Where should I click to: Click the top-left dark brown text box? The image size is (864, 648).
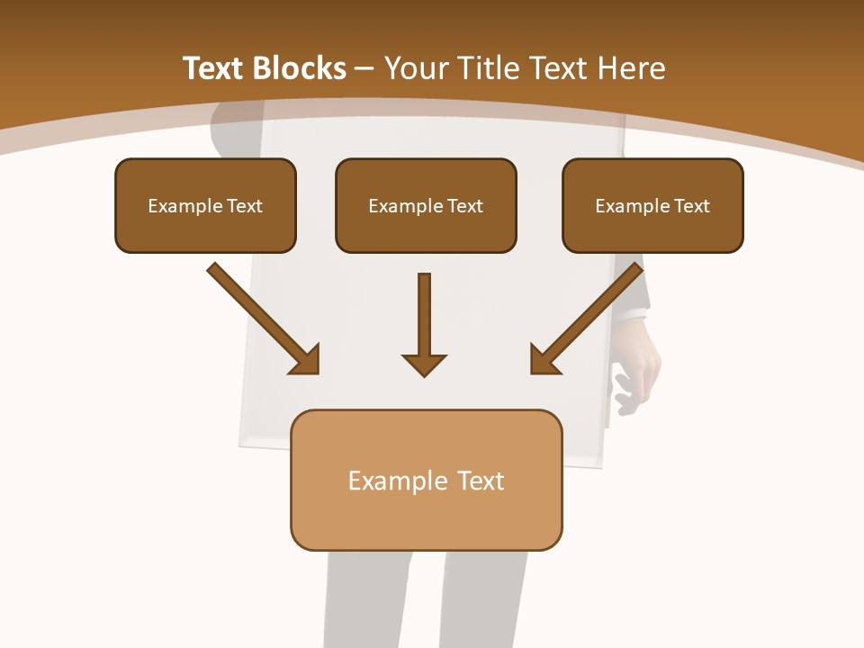pyautogui.click(x=205, y=205)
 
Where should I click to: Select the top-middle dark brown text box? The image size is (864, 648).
pyautogui.click(x=426, y=205)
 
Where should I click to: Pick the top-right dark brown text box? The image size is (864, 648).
pyautogui.click(x=652, y=205)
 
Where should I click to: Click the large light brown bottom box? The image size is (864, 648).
pyautogui.click(x=426, y=480)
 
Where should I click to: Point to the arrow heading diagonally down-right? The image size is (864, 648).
pyautogui.click(x=263, y=319)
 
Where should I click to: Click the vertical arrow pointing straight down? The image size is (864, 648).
pyautogui.click(x=424, y=324)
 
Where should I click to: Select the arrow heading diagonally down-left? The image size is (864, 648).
pyautogui.click(x=587, y=319)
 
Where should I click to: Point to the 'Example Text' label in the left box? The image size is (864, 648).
pyautogui.click(x=205, y=205)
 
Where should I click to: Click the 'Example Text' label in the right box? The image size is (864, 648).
pyautogui.click(x=652, y=205)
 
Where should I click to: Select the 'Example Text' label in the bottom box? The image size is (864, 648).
pyautogui.click(x=426, y=481)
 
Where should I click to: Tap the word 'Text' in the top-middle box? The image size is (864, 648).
pyautogui.click(x=464, y=205)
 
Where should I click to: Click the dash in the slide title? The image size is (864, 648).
pyautogui.click(x=365, y=68)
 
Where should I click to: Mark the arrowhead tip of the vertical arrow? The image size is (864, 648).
pyautogui.click(x=424, y=373)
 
